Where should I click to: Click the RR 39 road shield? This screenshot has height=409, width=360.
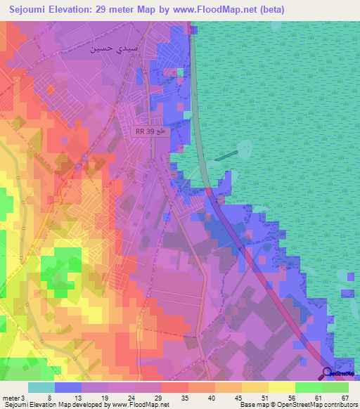point(150,131)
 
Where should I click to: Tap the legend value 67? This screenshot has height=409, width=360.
point(344,398)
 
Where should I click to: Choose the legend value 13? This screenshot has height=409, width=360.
point(68,398)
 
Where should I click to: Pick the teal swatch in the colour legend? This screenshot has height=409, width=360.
point(41,387)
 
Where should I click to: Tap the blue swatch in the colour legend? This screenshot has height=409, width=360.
point(68,387)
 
